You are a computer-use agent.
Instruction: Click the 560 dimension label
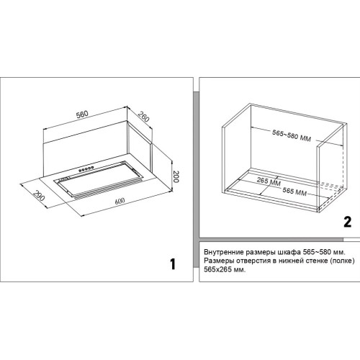[82, 114]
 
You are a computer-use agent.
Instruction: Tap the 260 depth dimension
[143, 116]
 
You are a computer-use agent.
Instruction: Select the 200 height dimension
[176, 176]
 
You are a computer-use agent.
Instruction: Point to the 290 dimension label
[39, 196]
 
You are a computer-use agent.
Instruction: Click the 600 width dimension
[120, 201]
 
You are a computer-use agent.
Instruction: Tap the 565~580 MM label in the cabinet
[292, 135]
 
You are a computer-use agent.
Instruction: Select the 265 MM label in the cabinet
[269, 181]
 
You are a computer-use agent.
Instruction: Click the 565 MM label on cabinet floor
[294, 192]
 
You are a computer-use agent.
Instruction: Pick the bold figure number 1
[173, 264]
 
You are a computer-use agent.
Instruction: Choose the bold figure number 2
[348, 222]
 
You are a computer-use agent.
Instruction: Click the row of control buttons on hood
[86, 169]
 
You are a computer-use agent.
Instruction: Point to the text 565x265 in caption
[218, 269]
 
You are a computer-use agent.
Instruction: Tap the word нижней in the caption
[292, 261]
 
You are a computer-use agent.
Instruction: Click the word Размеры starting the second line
[218, 261]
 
